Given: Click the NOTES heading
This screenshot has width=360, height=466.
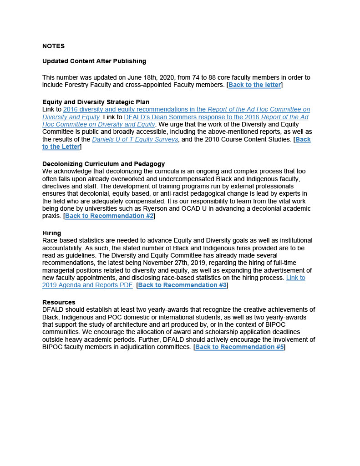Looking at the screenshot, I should [x=53, y=46].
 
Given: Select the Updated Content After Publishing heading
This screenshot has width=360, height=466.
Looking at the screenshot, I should [x=94, y=61].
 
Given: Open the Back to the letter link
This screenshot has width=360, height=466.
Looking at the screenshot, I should [x=254, y=85].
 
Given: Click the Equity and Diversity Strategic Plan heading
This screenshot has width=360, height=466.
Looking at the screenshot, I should [x=96, y=102].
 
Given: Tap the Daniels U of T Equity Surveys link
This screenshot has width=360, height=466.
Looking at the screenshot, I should [x=135, y=139].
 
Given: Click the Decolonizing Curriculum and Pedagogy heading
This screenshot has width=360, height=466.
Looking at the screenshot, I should [x=103, y=164].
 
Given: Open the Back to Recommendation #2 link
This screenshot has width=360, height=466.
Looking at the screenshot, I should [x=109, y=216].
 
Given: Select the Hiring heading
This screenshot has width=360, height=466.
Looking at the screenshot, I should [x=51, y=233].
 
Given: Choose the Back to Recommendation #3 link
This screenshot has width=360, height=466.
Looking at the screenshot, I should [x=182, y=285].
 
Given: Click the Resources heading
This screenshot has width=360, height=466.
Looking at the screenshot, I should [x=59, y=302].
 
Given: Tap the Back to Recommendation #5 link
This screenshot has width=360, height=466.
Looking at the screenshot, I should [x=239, y=347].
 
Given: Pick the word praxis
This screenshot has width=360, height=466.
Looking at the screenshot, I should [x=51, y=216].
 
